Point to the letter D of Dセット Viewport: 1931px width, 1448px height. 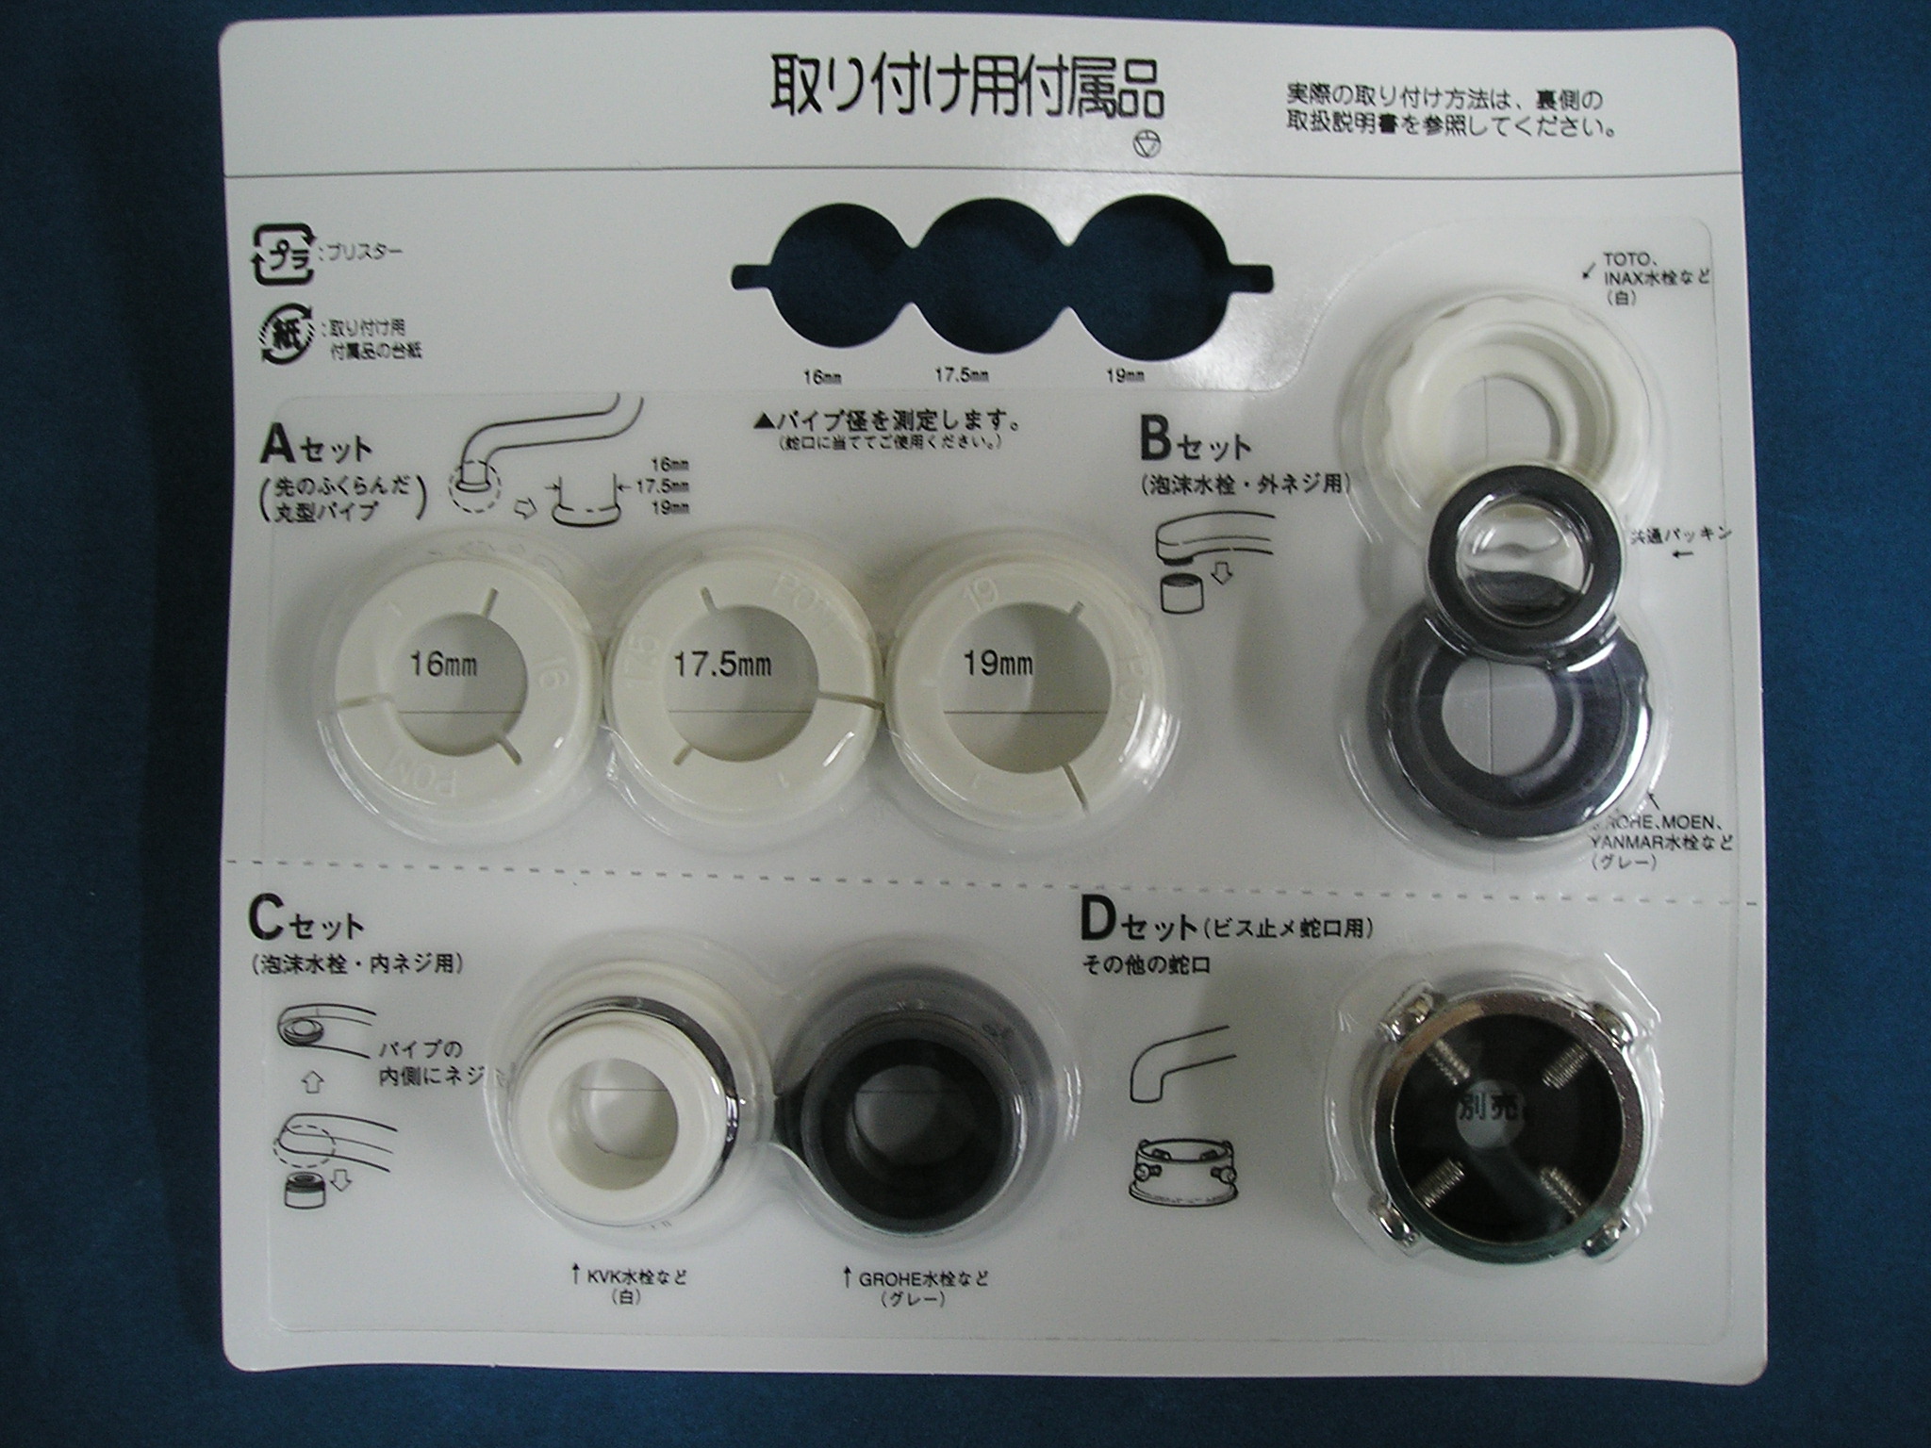coord(1099,923)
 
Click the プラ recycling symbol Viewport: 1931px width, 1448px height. coord(280,253)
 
